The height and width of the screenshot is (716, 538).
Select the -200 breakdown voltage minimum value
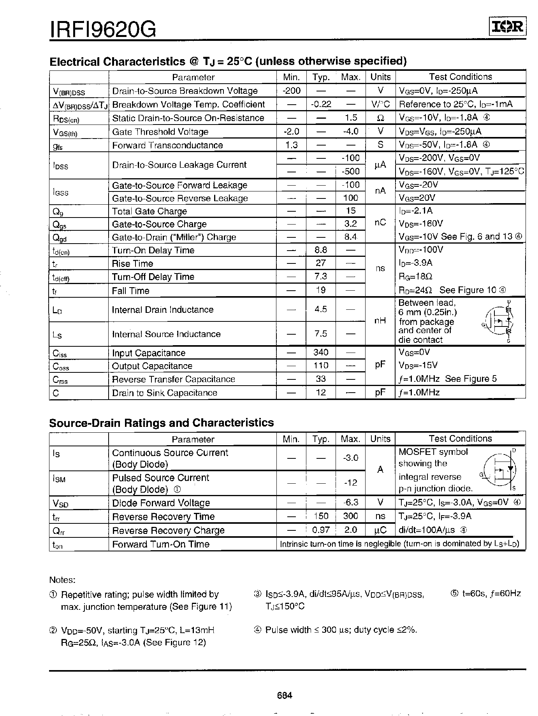pyautogui.click(x=291, y=91)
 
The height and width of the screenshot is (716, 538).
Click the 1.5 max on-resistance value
pyautogui.click(x=351, y=118)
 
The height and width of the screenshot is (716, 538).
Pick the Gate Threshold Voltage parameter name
pyautogui.click(x=160, y=132)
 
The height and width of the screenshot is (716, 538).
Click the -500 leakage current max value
pyautogui.click(x=350, y=171)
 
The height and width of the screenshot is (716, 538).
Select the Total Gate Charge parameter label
pyautogui.click(x=149, y=211)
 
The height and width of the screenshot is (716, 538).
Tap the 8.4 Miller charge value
pyautogui.click(x=350, y=237)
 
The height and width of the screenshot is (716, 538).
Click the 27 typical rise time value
pyautogui.click(x=321, y=263)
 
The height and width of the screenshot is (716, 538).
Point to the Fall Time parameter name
pyautogui.click(x=130, y=291)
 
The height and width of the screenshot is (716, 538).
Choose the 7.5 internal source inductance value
pyautogui.click(x=321, y=334)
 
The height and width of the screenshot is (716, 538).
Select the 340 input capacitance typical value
pyautogui.click(x=321, y=353)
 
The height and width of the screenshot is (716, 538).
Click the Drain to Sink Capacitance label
pyautogui.click(x=164, y=393)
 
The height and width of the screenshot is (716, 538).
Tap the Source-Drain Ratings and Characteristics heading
pyautogui.click(x=161, y=423)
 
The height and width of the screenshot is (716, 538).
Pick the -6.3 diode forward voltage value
pyautogui.click(x=350, y=502)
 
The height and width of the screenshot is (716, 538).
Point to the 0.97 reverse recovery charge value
pyautogui.click(x=321, y=530)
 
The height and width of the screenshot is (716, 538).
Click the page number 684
pyautogui.click(x=285, y=695)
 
